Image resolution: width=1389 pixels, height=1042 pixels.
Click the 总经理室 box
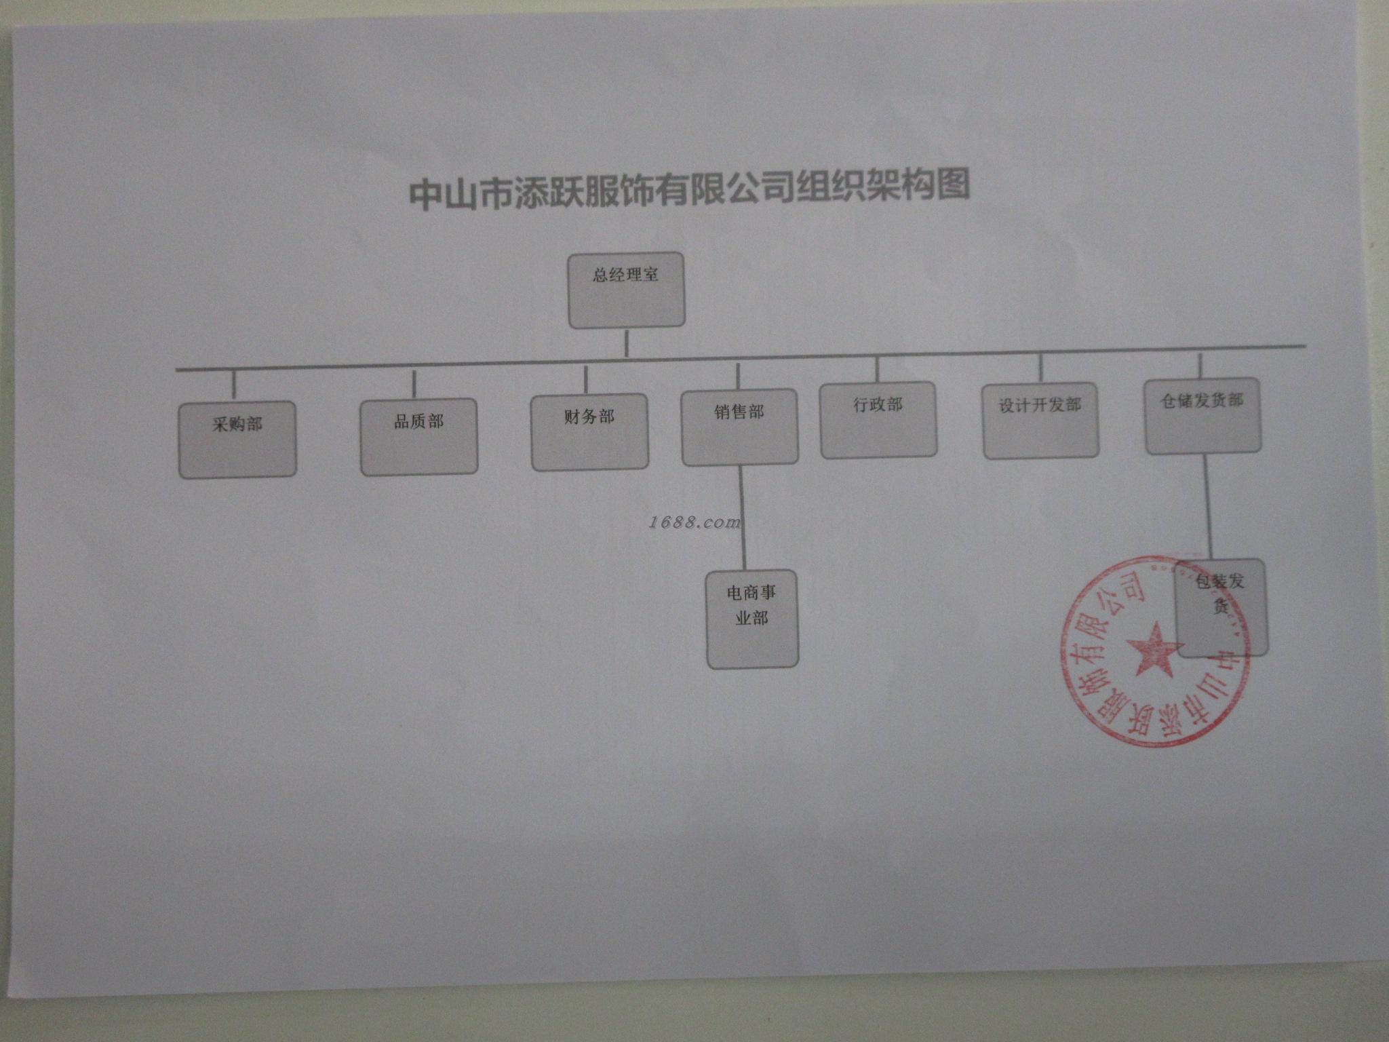point(626,290)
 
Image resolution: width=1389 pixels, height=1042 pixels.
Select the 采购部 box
point(237,440)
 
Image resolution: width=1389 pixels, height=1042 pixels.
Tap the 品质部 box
point(418,437)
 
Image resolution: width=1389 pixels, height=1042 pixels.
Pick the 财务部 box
point(589,432)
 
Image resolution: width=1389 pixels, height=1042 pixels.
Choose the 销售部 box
point(739,427)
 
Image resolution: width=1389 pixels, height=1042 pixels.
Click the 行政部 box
point(878,420)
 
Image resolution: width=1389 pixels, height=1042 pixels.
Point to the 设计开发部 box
point(1040,421)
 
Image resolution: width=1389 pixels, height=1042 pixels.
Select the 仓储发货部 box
point(1202,416)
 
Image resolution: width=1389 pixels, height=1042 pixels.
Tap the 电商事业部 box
point(752,619)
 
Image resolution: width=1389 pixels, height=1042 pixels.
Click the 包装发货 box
point(1221,608)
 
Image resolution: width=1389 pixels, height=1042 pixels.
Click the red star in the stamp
point(1151,649)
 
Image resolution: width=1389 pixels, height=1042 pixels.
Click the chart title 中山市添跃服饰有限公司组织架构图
point(689,190)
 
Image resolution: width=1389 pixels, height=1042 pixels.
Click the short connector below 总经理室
point(626,343)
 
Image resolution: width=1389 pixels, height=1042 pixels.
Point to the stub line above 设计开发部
point(1040,368)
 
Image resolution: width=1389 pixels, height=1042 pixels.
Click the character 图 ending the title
point(953,185)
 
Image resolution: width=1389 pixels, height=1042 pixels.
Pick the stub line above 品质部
point(414,384)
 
